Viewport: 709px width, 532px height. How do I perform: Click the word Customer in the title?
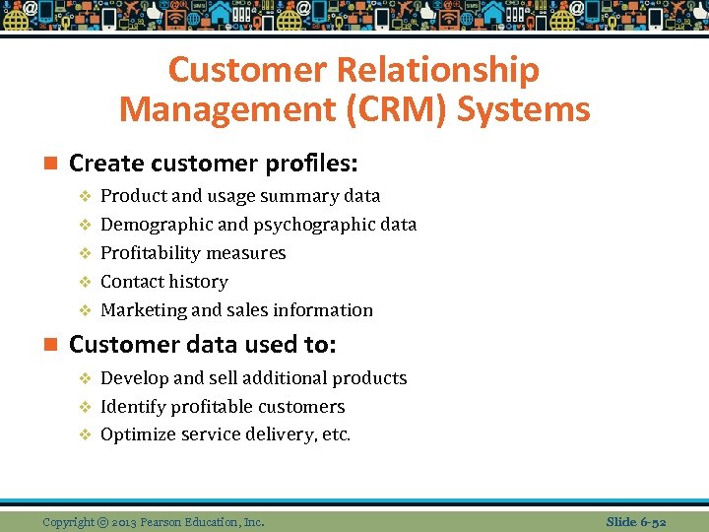coord(246,71)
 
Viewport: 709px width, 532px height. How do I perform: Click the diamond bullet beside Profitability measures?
coord(85,253)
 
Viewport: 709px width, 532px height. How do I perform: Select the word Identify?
coord(132,407)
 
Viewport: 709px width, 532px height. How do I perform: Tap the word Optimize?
coord(136,434)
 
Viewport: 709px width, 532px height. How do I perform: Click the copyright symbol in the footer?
coord(103,522)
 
